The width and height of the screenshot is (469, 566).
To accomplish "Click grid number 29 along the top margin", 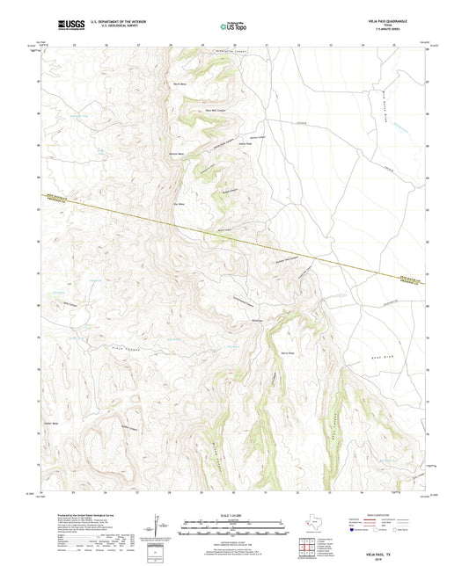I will tap(202, 44).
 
